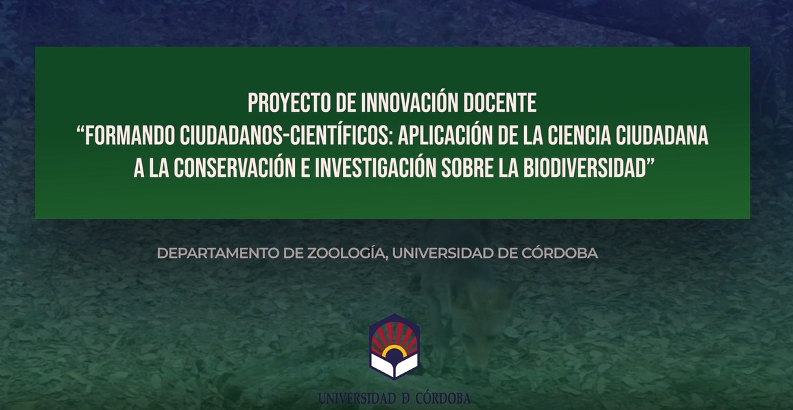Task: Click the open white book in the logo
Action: click(394, 365)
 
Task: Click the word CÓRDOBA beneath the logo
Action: click(443, 398)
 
